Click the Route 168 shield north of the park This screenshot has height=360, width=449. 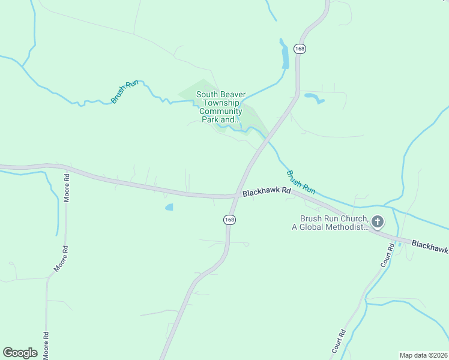click(x=300, y=49)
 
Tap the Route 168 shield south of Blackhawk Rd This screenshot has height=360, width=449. click(x=230, y=220)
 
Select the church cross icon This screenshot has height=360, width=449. click(x=378, y=223)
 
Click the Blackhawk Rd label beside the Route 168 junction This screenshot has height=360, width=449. click(x=267, y=192)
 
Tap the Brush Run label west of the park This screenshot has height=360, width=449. click(x=125, y=91)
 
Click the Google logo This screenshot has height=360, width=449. click(x=20, y=353)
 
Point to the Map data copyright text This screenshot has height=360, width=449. click(x=423, y=355)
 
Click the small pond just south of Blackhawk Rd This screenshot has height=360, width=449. click(x=169, y=208)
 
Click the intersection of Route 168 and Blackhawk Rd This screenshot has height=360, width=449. click(x=236, y=196)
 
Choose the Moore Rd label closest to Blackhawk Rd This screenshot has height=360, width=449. click(x=67, y=188)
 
